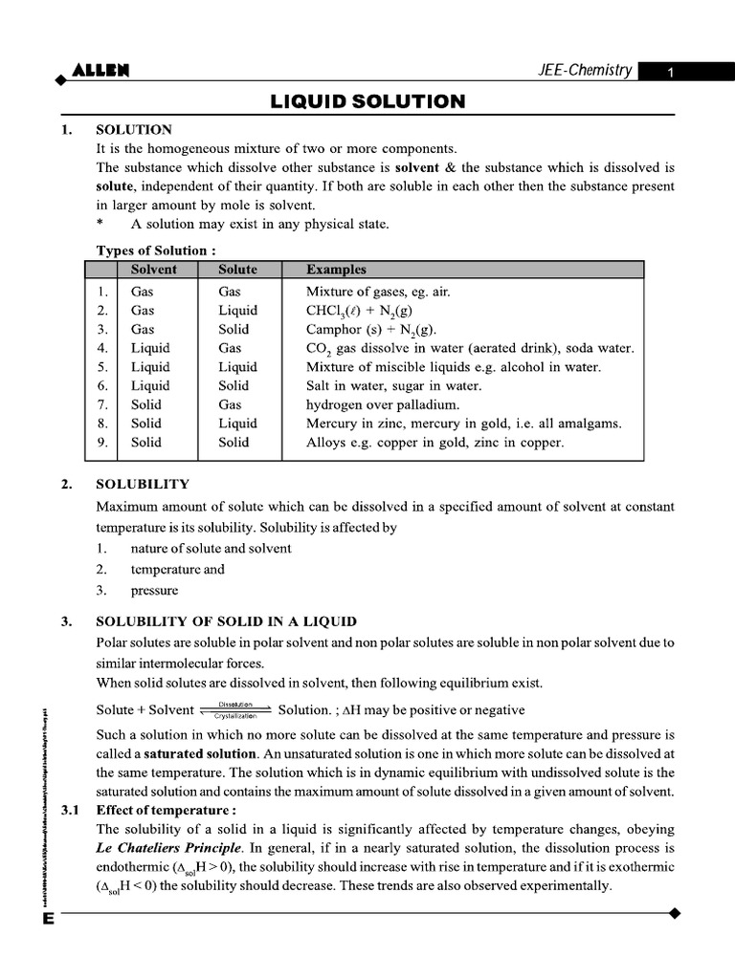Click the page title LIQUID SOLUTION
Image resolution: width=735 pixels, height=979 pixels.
[x=367, y=100]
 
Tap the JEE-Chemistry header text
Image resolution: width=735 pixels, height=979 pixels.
[x=585, y=71]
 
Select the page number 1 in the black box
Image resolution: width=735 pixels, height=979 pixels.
[x=671, y=73]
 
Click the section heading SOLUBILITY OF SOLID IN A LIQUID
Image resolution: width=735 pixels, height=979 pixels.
[x=227, y=621]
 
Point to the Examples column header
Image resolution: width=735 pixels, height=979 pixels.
[x=336, y=270]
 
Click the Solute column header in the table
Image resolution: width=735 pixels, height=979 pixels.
[x=237, y=270]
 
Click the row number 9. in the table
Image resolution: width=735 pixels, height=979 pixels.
[x=102, y=442]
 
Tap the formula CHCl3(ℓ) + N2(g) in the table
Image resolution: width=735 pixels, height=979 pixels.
[x=359, y=311]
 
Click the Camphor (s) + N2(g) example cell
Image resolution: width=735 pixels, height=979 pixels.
[x=371, y=330]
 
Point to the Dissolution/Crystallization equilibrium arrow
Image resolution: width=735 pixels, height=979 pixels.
[x=235, y=710]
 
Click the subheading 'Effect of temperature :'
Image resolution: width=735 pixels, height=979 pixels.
[x=167, y=811]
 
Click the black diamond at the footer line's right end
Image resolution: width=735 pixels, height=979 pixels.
[x=675, y=914]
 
